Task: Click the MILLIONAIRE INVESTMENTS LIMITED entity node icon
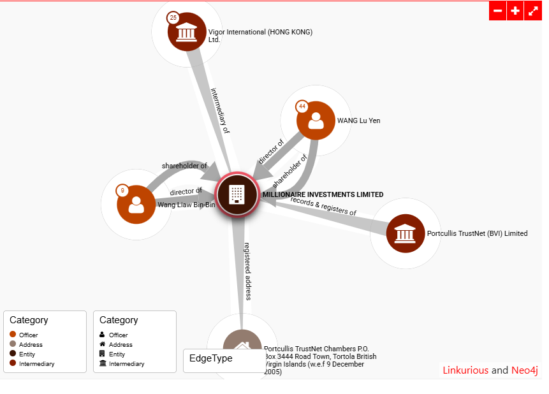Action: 237,193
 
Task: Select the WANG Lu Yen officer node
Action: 316,120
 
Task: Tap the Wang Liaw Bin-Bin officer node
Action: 136,205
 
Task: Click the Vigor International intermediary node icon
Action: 187,32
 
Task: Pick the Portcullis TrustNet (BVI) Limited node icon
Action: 406,233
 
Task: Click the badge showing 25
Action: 173,18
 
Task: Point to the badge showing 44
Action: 302,106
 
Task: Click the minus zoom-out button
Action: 498,11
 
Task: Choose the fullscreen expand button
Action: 533,11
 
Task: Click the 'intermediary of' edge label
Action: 220,110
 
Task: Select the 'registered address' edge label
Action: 247,270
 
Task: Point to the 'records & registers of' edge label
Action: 323,206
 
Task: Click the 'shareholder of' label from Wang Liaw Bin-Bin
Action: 184,166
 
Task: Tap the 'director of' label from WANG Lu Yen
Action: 270,151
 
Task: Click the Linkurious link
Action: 465,370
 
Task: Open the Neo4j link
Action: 525,370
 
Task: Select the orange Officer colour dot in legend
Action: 13,335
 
